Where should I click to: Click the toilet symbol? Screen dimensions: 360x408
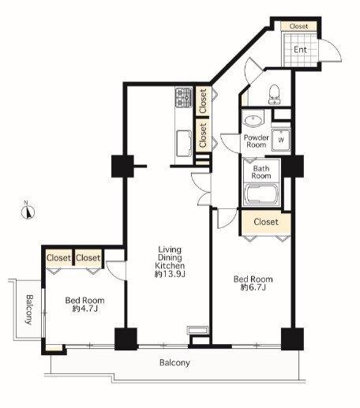coord(274,94)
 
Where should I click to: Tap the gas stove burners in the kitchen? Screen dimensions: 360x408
coord(184,97)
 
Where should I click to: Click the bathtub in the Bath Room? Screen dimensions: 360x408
coord(261,194)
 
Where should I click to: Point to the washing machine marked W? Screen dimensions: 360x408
coord(281,140)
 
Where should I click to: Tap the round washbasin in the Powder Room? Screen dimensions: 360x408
coord(253,121)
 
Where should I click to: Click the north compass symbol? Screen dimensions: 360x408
coord(28,211)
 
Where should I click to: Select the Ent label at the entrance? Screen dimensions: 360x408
coord(300,50)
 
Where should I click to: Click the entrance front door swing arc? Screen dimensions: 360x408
coord(334,47)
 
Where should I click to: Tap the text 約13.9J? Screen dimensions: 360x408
coord(170,274)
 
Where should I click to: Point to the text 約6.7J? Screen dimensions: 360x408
coord(253,287)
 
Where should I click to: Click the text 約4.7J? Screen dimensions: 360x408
coord(85,309)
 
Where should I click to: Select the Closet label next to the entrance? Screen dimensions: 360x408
coord(298,26)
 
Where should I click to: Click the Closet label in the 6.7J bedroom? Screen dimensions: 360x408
coord(266,222)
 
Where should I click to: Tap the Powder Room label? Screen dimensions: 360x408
coord(256,141)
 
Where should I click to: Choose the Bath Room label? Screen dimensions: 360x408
coord(261,172)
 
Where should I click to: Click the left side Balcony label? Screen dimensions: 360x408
coord(29,309)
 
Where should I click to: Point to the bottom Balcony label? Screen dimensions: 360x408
coord(174,363)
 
